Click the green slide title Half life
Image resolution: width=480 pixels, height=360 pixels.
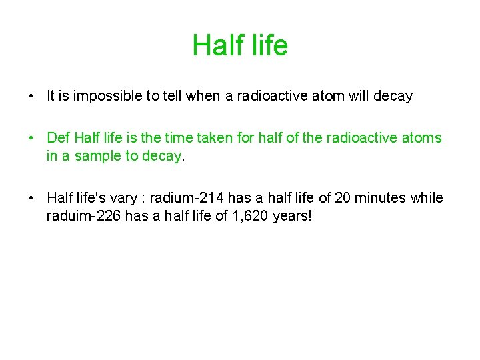pos(240,45)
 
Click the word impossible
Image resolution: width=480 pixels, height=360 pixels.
pos(101,96)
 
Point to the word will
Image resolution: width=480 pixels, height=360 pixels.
pos(354,96)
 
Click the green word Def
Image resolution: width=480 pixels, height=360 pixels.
pos(58,138)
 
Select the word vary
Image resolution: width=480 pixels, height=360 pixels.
pos(126,198)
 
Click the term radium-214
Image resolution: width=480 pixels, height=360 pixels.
pos(187,198)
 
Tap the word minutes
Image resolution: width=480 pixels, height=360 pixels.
pos(382,198)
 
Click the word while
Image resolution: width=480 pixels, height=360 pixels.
pos(428,198)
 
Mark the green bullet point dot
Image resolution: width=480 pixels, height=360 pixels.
pos(31,138)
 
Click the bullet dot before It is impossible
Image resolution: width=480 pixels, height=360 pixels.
pos(31,96)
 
